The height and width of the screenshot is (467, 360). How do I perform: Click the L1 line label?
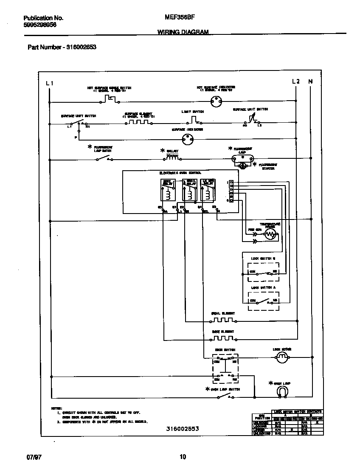[50, 83]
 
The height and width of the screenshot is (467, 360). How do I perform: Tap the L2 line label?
[296, 82]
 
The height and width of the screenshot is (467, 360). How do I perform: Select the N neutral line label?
[310, 82]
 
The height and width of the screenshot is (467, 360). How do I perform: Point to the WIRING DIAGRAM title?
[183, 32]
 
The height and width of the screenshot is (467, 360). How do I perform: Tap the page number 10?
[183, 457]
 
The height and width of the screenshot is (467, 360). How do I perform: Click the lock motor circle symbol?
[282, 358]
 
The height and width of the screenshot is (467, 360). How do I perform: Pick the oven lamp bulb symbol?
[282, 390]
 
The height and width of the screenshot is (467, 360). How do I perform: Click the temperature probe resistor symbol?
[270, 236]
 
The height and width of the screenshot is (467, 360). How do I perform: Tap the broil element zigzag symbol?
[223, 320]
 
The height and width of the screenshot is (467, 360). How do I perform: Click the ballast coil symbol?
[172, 158]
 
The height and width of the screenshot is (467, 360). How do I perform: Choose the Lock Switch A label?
[263, 287]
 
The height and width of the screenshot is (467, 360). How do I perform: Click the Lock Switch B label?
[263, 258]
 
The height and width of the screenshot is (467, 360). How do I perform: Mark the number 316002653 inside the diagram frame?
[183, 429]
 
